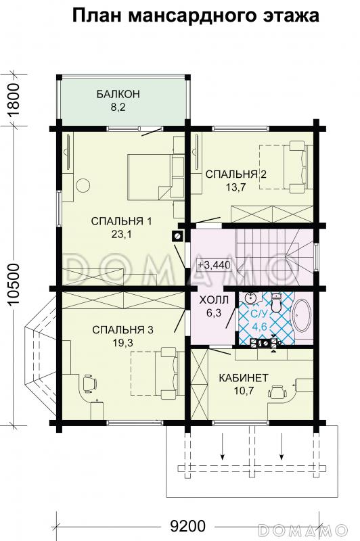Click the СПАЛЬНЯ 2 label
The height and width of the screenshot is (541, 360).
[x=236, y=174]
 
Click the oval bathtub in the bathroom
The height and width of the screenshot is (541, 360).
[x=300, y=317]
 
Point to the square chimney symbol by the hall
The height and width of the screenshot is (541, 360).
[x=178, y=236]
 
